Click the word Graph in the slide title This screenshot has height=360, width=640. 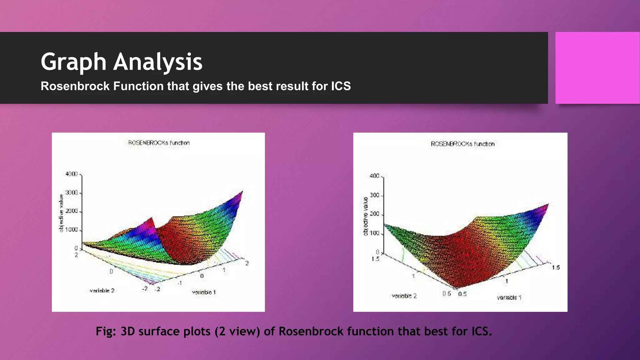pos(74,62)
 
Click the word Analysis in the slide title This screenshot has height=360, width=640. pos(158,62)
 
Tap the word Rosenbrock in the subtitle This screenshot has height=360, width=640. pos(75,86)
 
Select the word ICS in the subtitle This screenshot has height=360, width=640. pos(341,86)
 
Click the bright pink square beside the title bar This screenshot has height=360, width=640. pos(597,68)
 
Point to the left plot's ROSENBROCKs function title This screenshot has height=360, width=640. pos(159,143)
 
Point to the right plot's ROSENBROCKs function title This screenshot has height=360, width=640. pos(462,144)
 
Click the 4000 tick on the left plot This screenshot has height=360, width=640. pos(72,174)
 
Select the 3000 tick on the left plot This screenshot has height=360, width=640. pos(72,193)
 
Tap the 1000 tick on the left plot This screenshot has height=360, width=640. pos(72,230)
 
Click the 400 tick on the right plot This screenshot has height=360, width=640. pos(374,176)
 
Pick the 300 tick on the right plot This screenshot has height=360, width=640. pos(374,195)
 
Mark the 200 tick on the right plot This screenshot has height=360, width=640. pos(374,214)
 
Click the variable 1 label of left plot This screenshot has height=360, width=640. pos(204,292)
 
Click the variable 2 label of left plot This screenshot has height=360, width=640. pos(102,291)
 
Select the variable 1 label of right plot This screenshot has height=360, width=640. pos(509,297)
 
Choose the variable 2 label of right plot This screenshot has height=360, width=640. pos(404,296)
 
